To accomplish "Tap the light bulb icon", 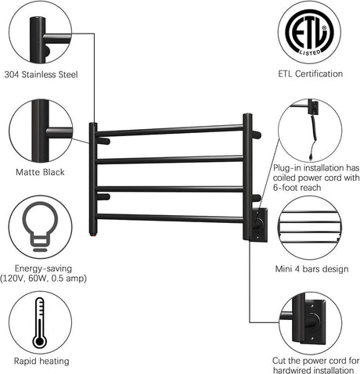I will (x=40, y=226).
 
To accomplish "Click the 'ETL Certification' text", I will (x=310, y=74).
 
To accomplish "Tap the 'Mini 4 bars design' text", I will (x=310, y=270).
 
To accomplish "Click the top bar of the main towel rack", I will (x=170, y=130).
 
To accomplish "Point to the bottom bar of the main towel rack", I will (x=170, y=218).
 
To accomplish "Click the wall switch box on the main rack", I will (x=257, y=224).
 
